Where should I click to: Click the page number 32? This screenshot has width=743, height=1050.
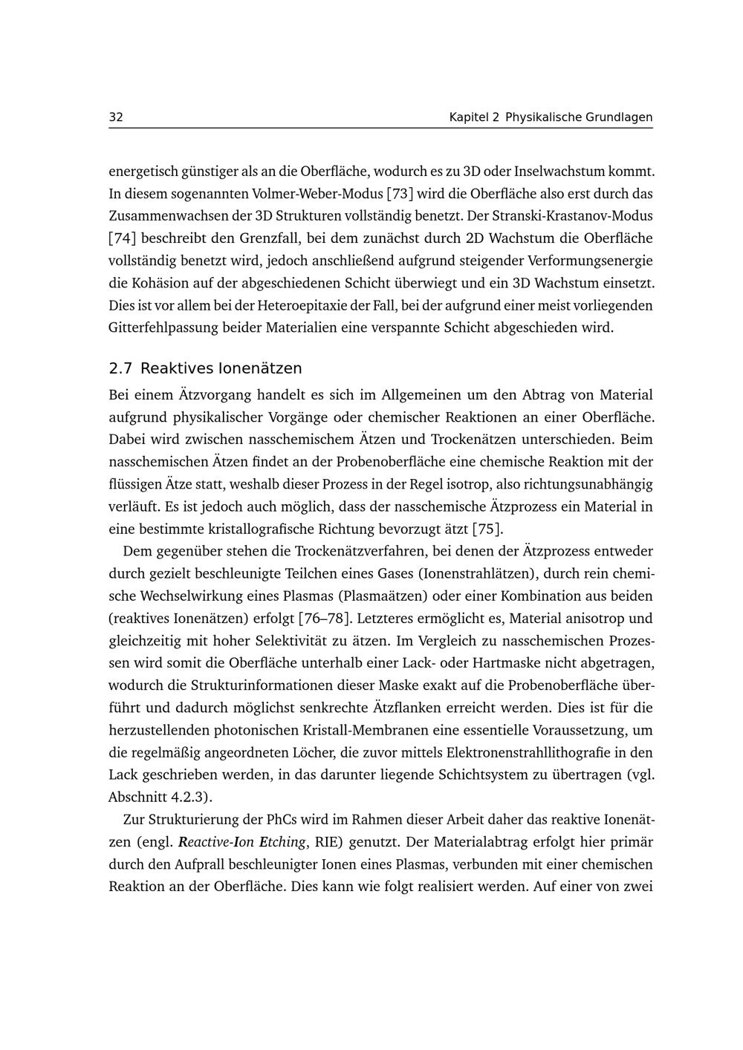click(x=116, y=117)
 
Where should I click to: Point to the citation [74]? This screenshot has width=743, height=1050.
click(x=123, y=238)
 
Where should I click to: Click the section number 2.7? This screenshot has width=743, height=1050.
click(x=120, y=368)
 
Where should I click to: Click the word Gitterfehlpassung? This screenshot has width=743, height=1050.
click(x=163, y=327)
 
